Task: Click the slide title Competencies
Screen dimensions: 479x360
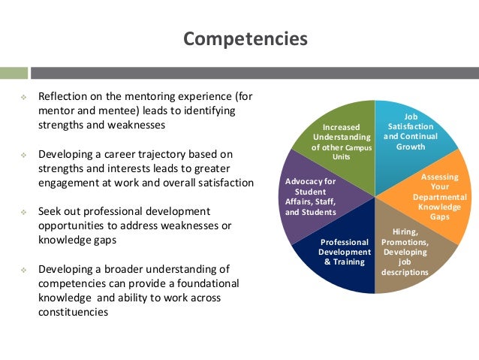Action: (246, 39)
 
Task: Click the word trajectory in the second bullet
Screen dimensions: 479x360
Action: (160, 154)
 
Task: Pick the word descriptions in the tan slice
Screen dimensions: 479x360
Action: (405, 272)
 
